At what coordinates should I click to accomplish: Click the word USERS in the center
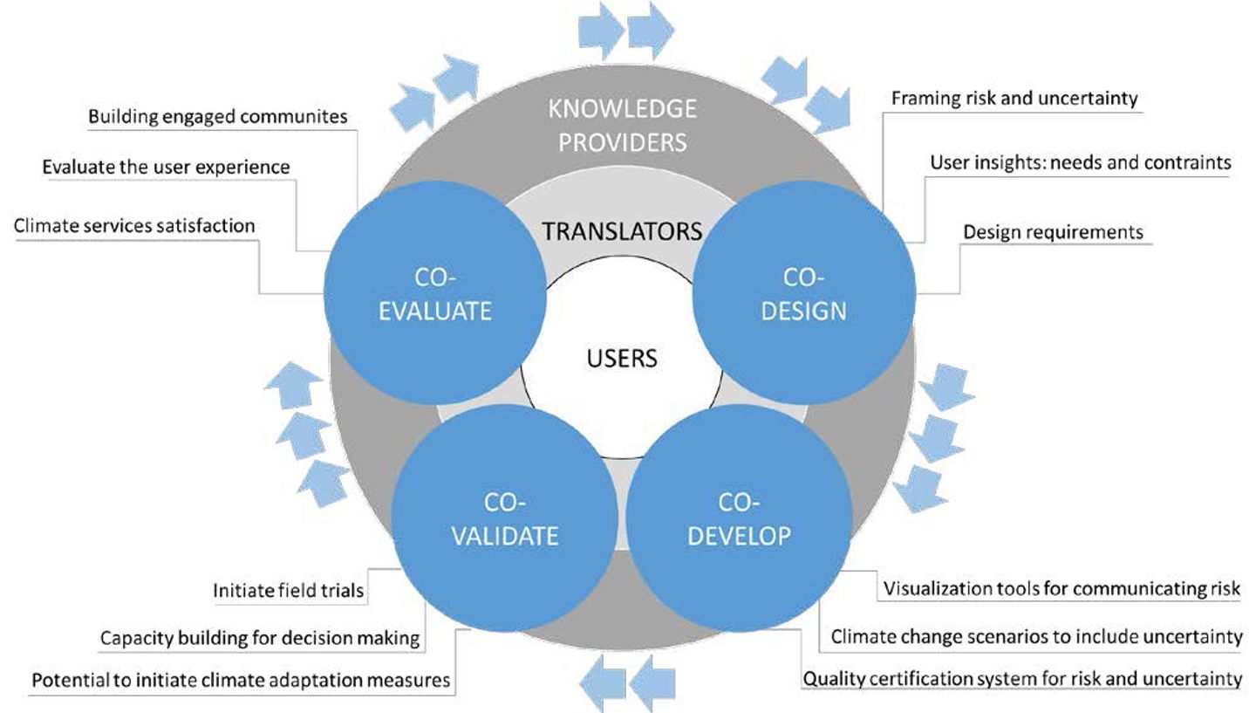622,358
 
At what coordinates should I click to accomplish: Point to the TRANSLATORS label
622,230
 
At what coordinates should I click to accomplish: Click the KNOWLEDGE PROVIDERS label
622,125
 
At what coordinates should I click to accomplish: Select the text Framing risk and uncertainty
1014,98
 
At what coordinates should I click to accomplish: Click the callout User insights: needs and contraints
1080,161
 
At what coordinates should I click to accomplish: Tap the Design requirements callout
1053,231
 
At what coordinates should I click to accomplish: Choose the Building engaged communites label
218,116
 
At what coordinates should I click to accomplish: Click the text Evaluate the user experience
166,166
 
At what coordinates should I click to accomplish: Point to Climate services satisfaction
134,225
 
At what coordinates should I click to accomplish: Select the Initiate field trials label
288,591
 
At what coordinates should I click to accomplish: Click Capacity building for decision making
260,638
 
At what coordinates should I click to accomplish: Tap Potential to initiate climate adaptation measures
241,679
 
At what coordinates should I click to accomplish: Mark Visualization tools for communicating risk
1061,588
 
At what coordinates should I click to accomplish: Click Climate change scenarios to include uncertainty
1036,636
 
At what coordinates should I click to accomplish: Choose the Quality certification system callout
1022,678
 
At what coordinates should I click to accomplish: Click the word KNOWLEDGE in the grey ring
622,108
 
